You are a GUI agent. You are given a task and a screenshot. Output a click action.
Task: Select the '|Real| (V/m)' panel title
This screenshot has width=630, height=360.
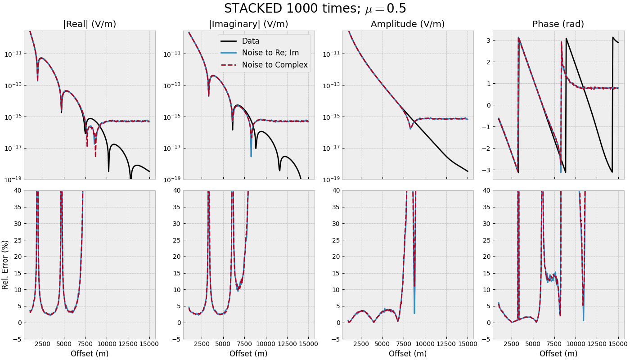click(x=90, y=24)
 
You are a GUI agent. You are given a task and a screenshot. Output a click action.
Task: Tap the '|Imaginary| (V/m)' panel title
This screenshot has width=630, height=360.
click(x=248, y=24)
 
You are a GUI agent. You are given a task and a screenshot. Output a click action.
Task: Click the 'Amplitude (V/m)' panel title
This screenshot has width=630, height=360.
click(x=408, y=24)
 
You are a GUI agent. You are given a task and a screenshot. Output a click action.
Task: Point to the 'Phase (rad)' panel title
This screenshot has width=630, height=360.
click(x=558, y=24)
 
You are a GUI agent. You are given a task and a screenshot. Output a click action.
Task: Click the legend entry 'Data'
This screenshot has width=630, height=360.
click(x=251, y=41)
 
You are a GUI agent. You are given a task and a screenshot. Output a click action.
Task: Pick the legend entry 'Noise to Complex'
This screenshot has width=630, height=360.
click(x=274, y=65)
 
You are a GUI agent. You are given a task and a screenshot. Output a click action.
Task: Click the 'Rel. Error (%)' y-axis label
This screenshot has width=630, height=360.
click(x=5, y=265)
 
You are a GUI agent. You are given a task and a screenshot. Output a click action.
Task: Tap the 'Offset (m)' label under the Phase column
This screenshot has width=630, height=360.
click(x=558, y=354)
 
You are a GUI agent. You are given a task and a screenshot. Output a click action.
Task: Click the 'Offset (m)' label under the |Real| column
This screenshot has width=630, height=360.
click(x=90, y=354)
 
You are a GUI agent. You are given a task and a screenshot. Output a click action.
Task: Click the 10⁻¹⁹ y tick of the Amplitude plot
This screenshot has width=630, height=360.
click(x=331, y=180)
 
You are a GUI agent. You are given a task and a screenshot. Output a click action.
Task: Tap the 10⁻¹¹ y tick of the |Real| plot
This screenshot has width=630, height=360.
click(x=13, y=54)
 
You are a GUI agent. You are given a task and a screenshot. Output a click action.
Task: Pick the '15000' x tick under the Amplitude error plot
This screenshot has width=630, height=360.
click(x=468, y=344)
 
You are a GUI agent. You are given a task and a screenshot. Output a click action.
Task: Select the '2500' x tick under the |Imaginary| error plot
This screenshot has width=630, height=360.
click(x=202, y=344)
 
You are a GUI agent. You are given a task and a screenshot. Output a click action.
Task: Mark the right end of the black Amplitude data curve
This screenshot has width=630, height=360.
click(x=468, y=171)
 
